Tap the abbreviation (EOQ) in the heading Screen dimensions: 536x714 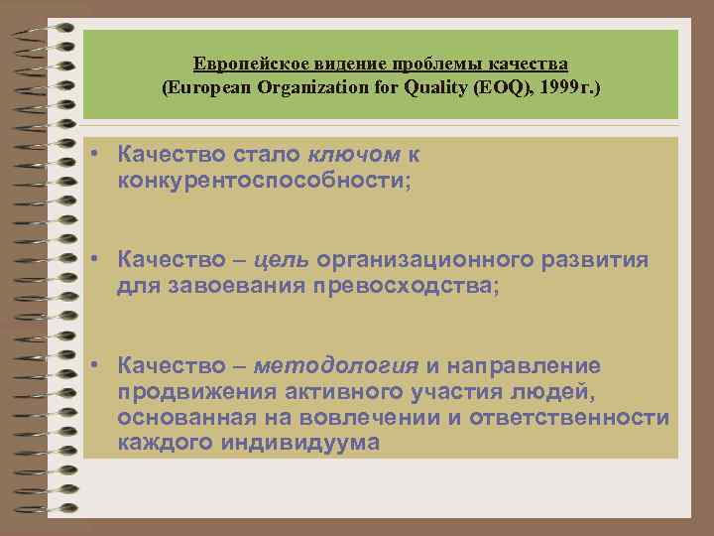[x=500, y=87]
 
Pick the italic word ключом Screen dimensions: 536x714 [x=354, y=154]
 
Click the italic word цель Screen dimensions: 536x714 [x=283, y=260]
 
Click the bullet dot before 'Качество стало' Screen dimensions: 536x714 [x=90, y=154]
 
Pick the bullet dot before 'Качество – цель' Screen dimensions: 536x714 [x=90, y=260]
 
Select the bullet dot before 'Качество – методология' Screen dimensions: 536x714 [x=90, y=366]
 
